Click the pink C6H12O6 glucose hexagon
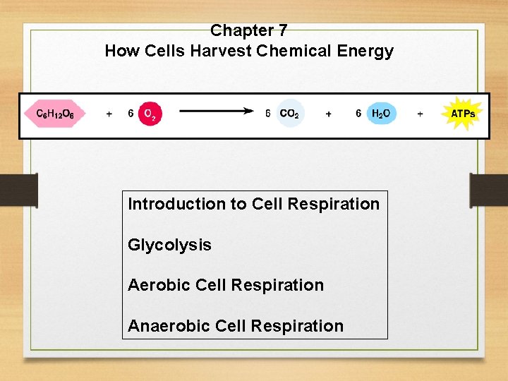55,114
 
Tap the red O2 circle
150,114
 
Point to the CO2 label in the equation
289,114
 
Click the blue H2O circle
381,114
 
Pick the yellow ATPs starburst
462,114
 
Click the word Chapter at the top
240,31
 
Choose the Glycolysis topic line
169,245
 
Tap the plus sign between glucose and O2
109,114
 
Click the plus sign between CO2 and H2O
329,114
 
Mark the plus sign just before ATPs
421,114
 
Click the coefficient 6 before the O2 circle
131,114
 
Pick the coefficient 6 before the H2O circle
358,114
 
